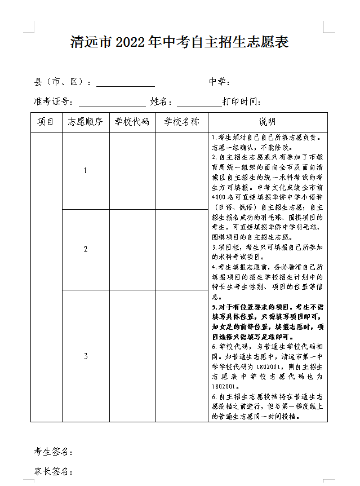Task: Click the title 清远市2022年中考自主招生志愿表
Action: [x=180, y=42]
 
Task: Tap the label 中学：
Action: [x=219, y=82]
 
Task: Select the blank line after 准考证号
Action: [x=112, y=103]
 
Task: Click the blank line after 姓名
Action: [x=199, y=103]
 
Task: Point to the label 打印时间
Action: [x=242, y=101]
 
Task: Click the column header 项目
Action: [x=46, y=122]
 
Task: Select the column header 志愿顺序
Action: [x=86, y=122]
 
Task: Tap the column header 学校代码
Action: [x=132, y=122]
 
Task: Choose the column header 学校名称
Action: [x=181, y=122]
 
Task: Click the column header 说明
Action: [x=268, y=122]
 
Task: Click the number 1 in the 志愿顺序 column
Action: [x=86, y=171]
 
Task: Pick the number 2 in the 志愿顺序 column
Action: [x=86, y=249]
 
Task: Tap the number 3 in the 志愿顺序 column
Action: [x=86, y=356]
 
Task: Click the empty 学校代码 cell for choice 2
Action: [x=132, y=249]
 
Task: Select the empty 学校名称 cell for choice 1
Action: [x=181, y=171]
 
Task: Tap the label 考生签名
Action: [x=54, y=452]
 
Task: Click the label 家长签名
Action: [x=54, y=471]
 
